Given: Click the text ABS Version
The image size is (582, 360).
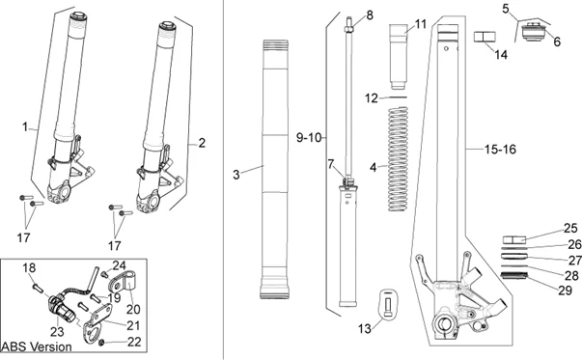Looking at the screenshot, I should click(37, 346).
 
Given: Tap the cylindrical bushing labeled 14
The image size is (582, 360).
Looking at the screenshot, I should click(482, 38).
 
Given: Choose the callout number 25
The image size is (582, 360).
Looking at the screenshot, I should click(571, 229).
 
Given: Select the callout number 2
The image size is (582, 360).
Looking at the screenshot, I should click(202, 143).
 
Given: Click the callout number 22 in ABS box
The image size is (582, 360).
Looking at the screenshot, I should click(134, 341).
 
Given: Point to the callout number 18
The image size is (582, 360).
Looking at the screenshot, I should click(28, 266).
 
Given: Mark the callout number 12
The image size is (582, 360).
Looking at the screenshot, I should click(372, 98).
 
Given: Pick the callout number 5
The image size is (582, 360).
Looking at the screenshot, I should click(506, 9).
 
